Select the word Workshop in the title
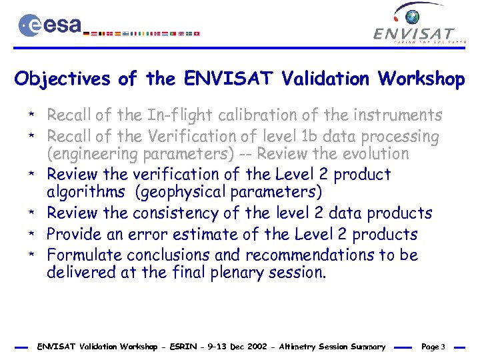tap(422, 79)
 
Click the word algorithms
tap(85, 192)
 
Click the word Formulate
tap(84, 255)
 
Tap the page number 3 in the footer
tap(443, 347)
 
